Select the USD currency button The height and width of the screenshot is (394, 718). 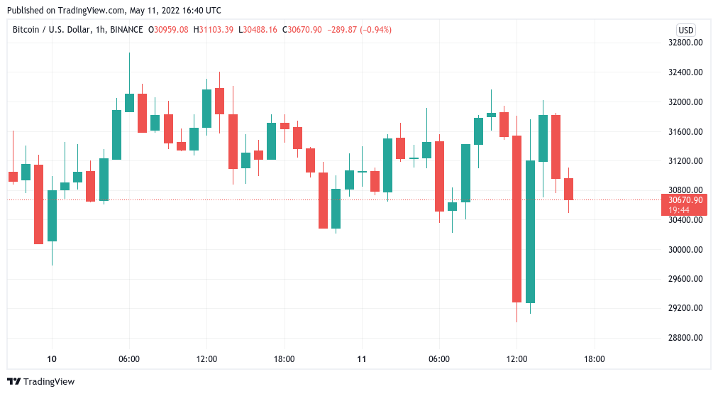(686, 30)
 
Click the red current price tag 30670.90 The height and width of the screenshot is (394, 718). (685, 200)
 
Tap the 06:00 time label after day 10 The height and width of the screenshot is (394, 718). (129, 359)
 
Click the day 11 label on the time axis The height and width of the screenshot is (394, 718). (362, 359)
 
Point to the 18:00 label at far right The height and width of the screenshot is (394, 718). (594, 359)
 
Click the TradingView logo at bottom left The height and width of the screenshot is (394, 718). (40, 381)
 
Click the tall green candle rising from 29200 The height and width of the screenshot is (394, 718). (530, 231)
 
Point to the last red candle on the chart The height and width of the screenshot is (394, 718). (569, 189)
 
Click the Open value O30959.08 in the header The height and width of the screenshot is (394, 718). (172, 30)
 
